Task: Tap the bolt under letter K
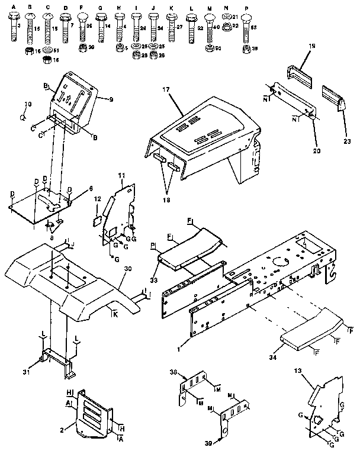pos(171,24)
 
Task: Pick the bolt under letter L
pos(191,25)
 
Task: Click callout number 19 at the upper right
pos(312,45)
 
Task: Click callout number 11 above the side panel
pos(121,177)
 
